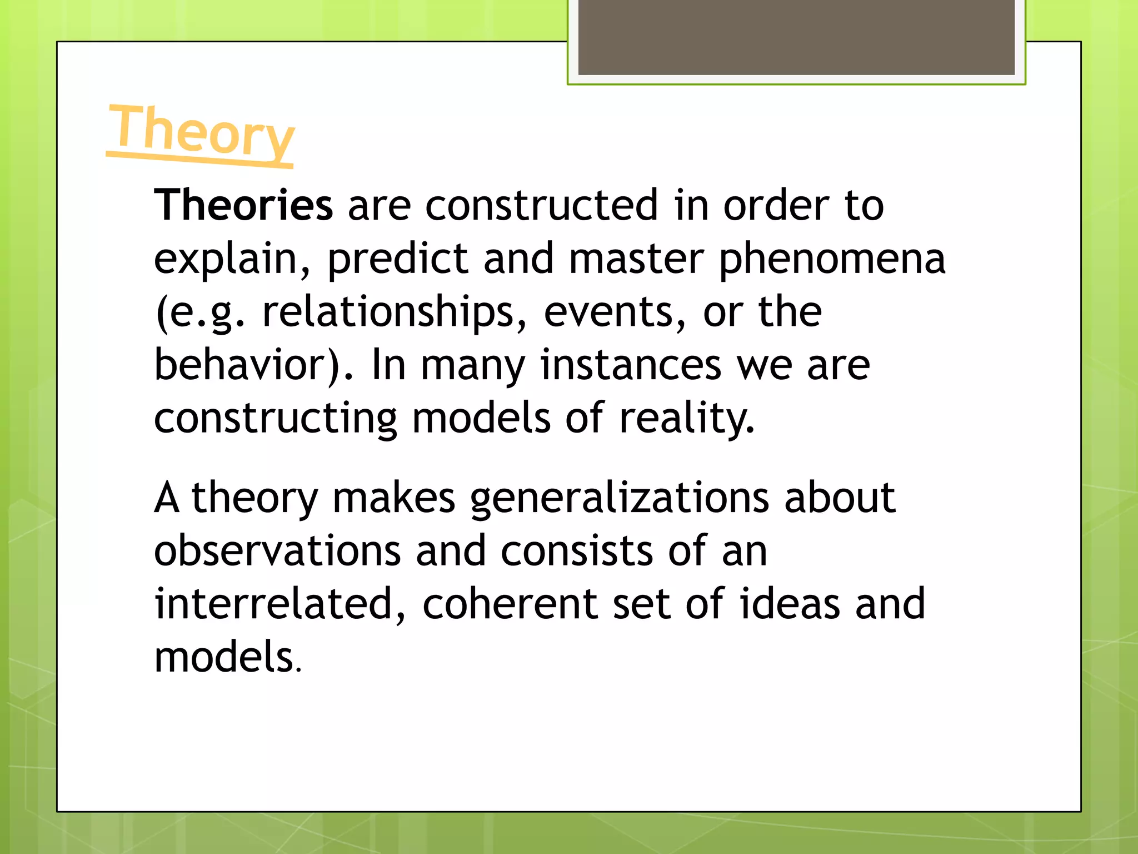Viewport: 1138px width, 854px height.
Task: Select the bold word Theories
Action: [x=243, y=205]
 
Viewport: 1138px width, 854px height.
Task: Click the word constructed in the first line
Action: [x=542, y=205]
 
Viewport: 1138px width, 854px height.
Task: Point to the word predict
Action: [x=398, y=259]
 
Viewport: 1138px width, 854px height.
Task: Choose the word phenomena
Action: [x=832, y=259]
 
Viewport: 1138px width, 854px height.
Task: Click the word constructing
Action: [x=276, y=418]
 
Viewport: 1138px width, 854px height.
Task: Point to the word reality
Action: [x=687, y=418]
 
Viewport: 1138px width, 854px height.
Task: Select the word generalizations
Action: [x=620, y=498]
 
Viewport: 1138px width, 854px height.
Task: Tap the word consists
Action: [x=577, y=550]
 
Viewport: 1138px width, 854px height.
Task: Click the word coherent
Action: [x=510, y=604]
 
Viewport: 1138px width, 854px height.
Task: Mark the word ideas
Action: [x=790, y=604]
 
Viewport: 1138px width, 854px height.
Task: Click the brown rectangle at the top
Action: [x=796, y=37]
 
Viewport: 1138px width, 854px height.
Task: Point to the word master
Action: [x=637, y=259]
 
